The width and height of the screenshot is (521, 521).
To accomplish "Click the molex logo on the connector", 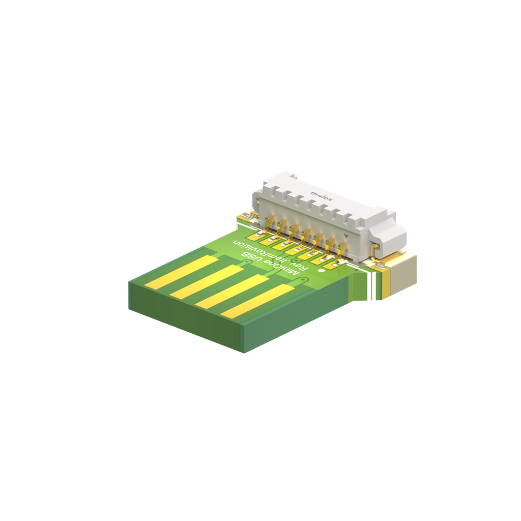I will click(322, 197).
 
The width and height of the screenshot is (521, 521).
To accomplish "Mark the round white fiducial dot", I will click(321, 271).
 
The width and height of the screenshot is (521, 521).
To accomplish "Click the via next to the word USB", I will click(247, 262).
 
